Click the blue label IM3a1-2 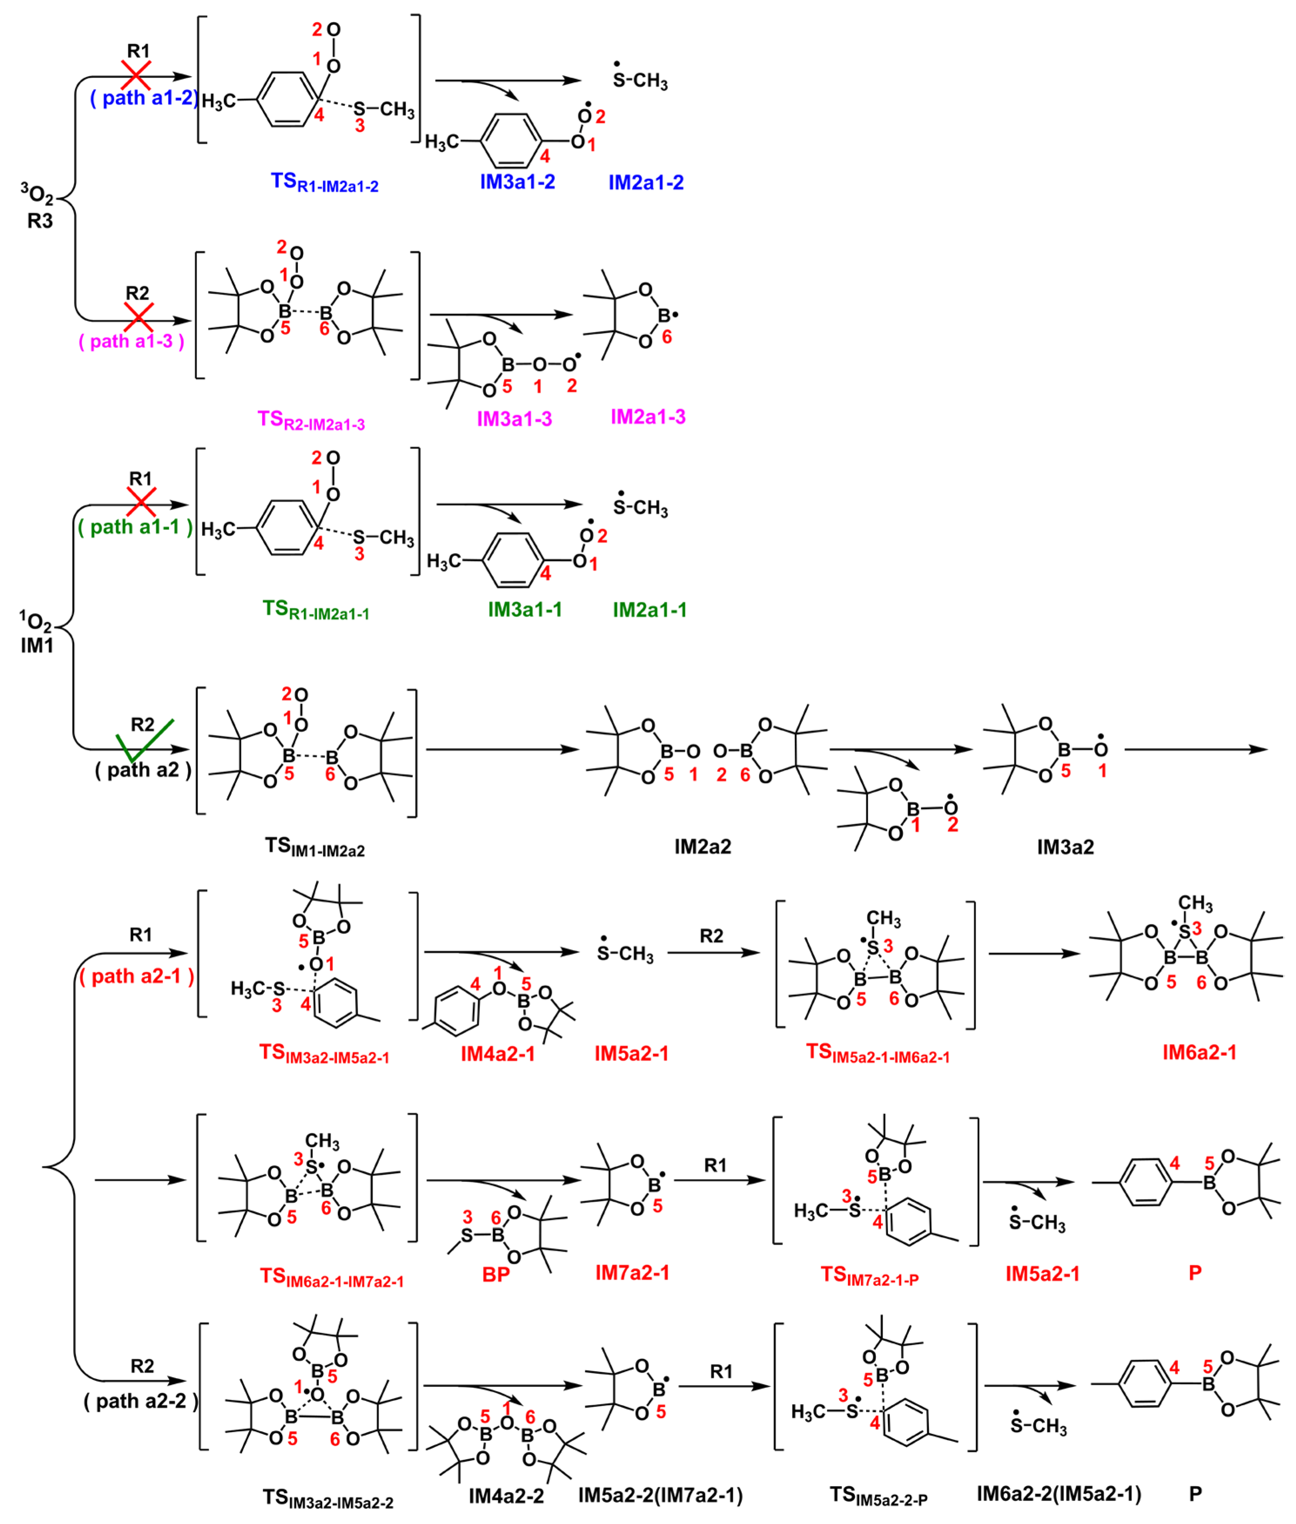click(x=517, y=182)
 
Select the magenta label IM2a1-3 click(x=648, y=416)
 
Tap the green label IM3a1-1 click(x=525, y=610)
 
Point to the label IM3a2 click(x=1065, y=847)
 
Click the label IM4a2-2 click(x=506, y=1496)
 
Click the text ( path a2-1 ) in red click(x=137, y=976)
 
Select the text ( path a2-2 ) click(x=141, y=1401)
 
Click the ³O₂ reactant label click(x=37, y=196)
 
